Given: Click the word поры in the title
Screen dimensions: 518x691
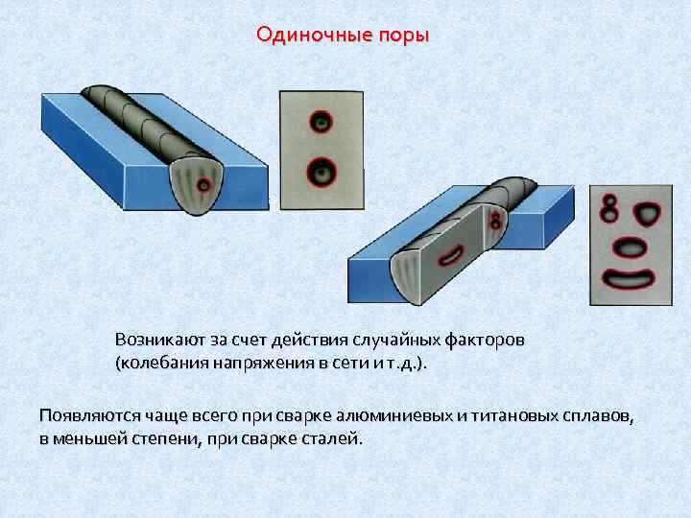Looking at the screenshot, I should (403, 35).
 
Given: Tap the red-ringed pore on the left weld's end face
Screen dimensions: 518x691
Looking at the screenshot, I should (203, 184).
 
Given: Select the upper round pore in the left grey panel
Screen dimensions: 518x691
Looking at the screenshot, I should (321, 121).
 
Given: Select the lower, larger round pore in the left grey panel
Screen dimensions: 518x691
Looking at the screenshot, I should (321, 173).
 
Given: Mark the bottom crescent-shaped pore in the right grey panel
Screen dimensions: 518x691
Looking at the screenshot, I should (630, 279).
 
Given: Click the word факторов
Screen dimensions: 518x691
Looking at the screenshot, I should (486, 341).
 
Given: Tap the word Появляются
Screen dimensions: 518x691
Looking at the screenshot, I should (88, 414).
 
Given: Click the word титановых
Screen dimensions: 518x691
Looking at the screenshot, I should (512, 414).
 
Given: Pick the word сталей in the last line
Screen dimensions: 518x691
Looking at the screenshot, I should (336, 438).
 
